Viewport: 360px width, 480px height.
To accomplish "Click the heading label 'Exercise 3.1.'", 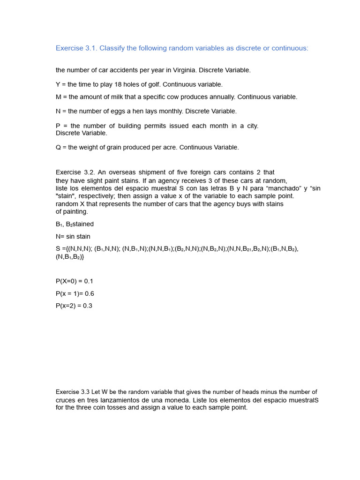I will [x=76, y=48].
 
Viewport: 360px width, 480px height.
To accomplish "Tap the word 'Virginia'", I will [x=184, y=70].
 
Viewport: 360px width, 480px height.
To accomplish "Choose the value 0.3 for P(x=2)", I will [x=87, y=306].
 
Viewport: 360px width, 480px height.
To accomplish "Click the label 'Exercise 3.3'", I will [x=73, y=392].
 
